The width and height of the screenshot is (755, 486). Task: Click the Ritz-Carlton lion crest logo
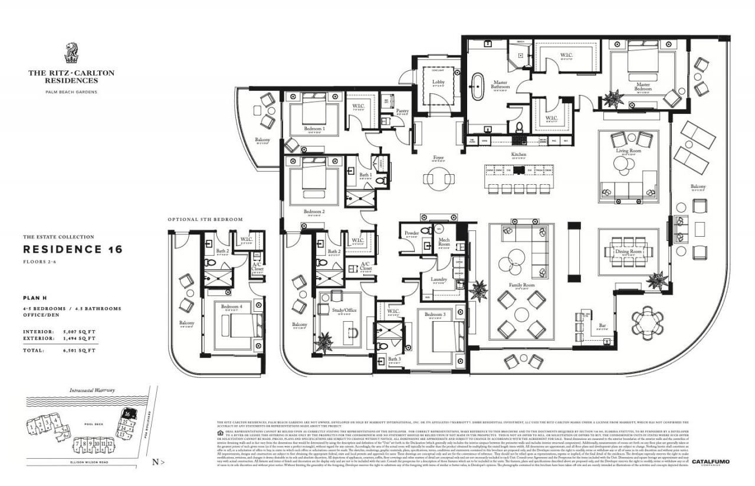tap(71, 53)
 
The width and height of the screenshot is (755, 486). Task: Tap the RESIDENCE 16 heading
tap(72, 249)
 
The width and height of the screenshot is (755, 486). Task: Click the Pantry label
tap(402, 110)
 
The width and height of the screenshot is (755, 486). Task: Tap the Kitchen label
tap(518, 155)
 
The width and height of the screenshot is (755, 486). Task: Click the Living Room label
tap(628, 151)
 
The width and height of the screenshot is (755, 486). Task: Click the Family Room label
tap(521, 285)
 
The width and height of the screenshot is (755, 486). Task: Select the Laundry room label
tap(438, 279)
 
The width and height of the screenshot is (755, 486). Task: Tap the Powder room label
tap(411, 233)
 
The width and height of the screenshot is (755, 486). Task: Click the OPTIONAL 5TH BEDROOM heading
tap(205, 219)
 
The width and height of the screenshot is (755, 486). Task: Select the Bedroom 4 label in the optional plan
tap(231, 306)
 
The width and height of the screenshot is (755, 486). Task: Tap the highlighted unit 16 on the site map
tap(127, 414)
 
